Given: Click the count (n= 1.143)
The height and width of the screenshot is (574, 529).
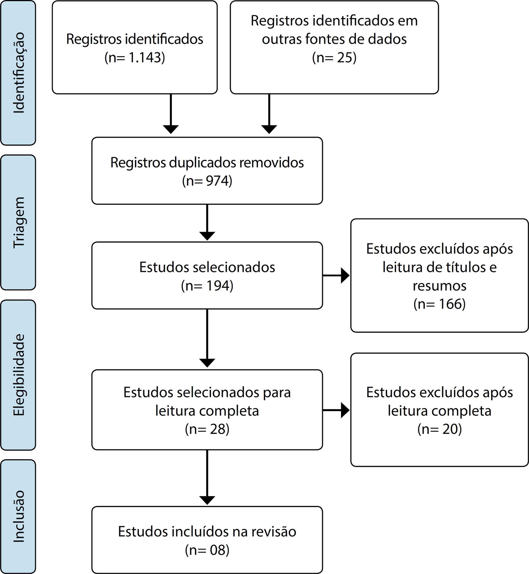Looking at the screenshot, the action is pos(135,58).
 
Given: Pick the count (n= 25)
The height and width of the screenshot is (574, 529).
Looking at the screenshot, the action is pos(334,58).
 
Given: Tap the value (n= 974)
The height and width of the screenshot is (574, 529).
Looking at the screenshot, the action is pos(207,181).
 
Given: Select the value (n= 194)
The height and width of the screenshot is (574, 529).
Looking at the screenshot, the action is pos(207,286).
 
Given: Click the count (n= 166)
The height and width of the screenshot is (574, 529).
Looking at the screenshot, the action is pos(440,304).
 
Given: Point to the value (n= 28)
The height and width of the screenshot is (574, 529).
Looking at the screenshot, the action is pos(207,429).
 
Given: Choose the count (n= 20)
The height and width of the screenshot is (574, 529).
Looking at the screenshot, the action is pos(440,429).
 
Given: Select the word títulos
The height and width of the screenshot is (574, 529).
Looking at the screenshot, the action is pos(457,267).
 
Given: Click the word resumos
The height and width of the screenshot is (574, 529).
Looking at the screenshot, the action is pos(440,286).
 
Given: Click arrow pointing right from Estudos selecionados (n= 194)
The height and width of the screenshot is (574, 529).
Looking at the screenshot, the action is pos(336,276).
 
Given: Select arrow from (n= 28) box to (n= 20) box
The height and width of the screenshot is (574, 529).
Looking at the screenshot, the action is pos(336,410).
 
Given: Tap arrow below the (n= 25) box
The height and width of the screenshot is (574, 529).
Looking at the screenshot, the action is pos(269,114).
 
